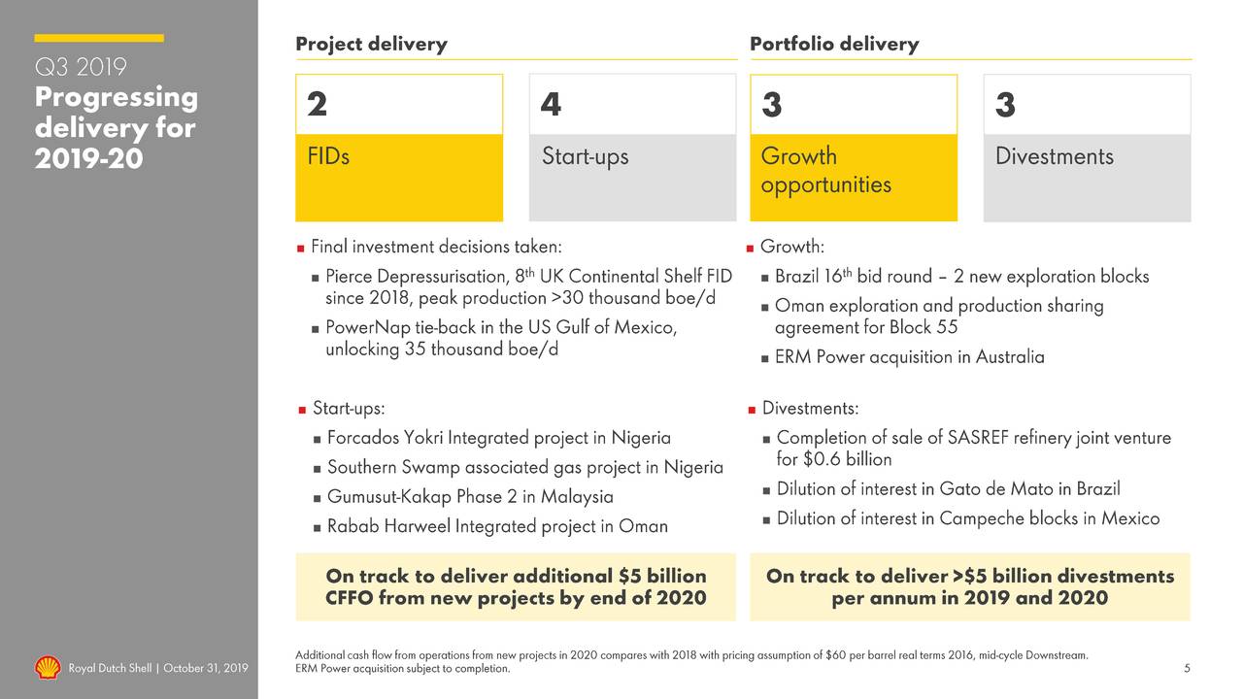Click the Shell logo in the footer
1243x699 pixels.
coord(48,668)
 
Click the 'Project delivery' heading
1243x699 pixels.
coord(371,44)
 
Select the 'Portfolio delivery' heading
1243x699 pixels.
coord(834,44)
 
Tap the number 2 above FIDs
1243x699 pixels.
coord(317,105)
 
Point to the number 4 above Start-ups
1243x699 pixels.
coord(551,105)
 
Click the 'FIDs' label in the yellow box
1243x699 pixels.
coord(328,156)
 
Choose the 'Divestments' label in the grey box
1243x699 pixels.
coord(1055,156)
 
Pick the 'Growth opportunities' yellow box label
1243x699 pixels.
coord(825,170)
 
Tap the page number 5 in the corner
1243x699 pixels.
coord(1187,668)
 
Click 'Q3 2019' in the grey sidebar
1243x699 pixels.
coord(81,68)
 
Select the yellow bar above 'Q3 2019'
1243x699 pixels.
coord(99,38)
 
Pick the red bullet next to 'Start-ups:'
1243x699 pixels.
coord(302,409)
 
